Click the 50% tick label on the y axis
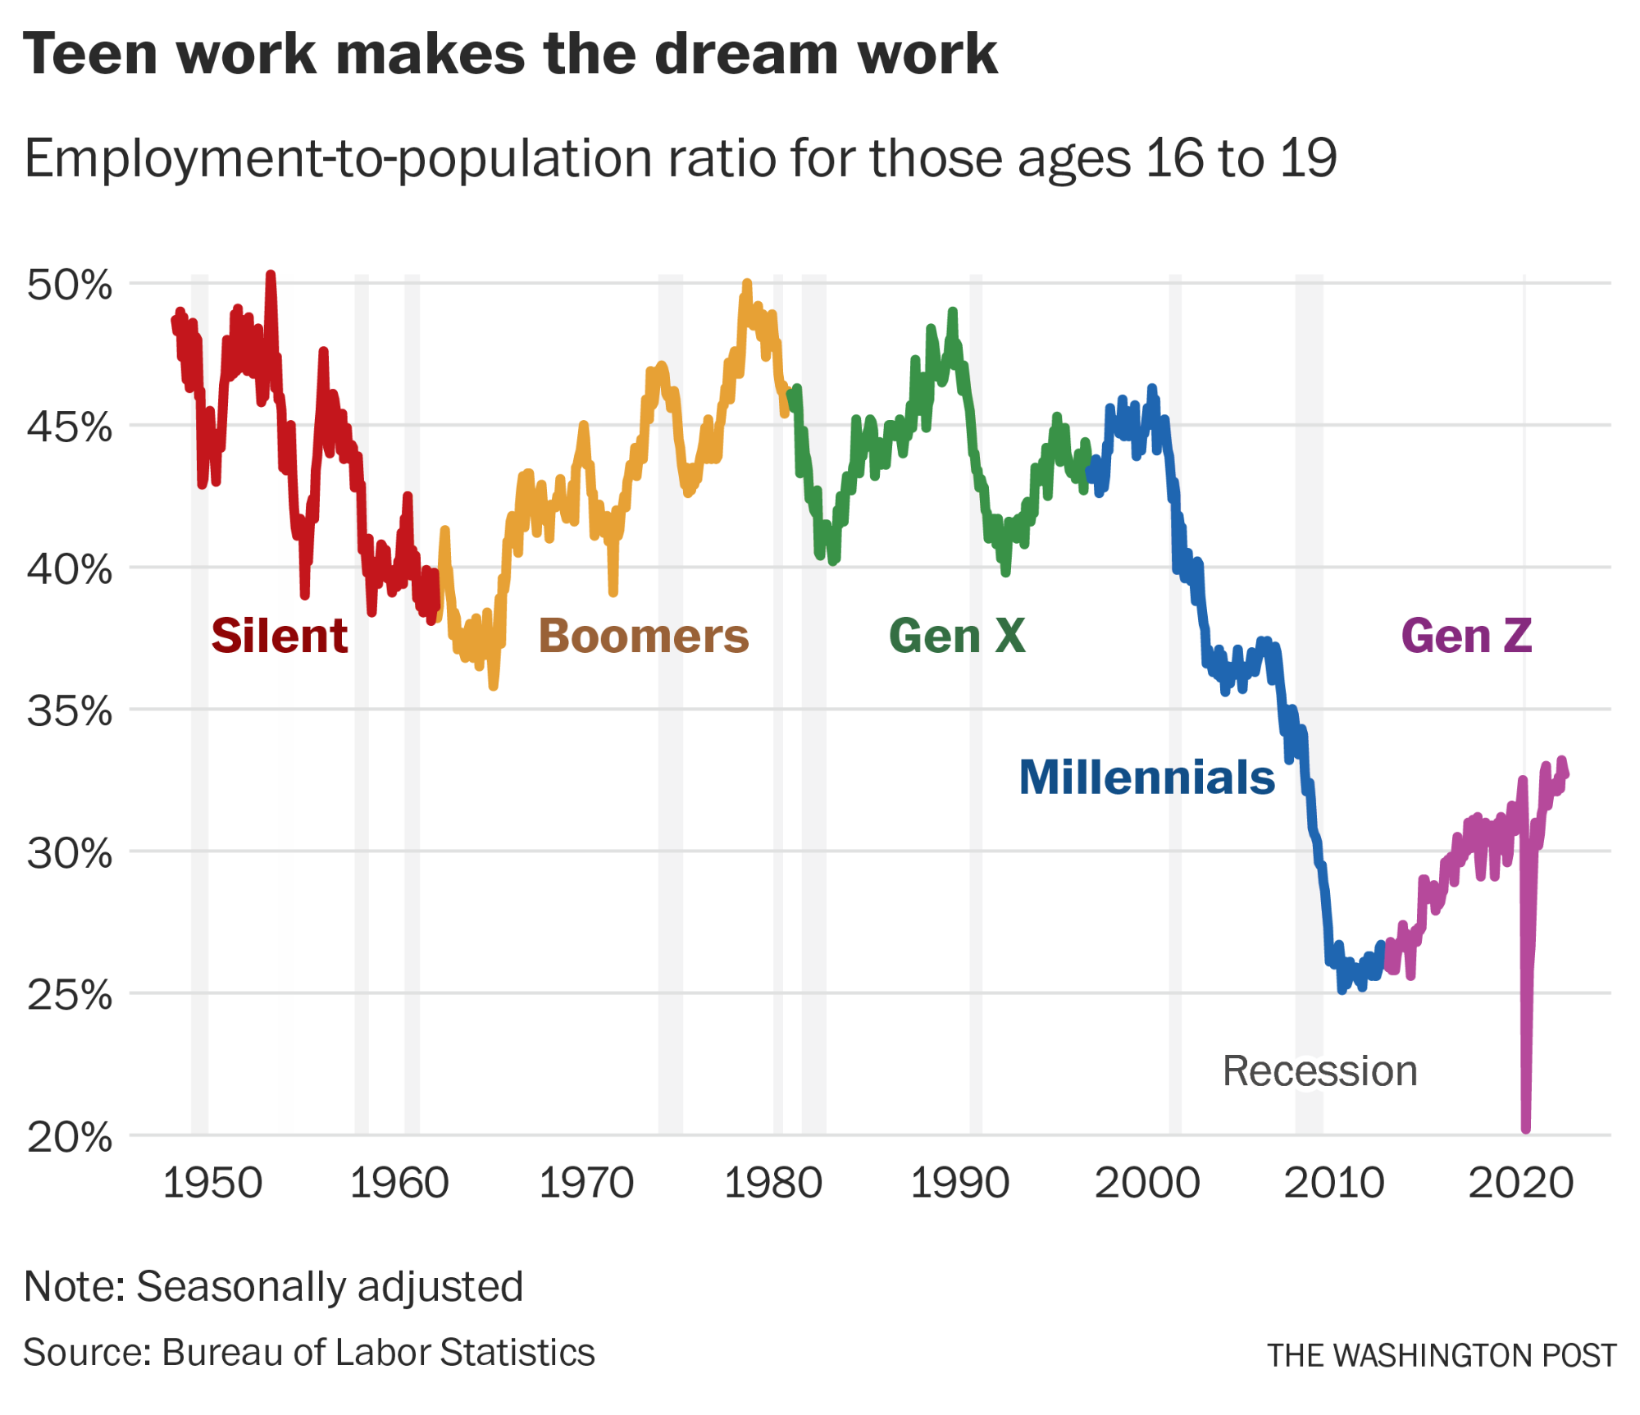coord(69,285)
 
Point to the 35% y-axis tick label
coord(69,711)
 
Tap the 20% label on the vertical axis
coord(69,1137)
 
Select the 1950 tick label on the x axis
coord(212,1183)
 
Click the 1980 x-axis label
coord(772,1183)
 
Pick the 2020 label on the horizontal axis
coord(1520,1183)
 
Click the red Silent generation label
coord(279,636)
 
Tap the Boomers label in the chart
coord(644,636)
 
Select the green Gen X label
coord(957,636)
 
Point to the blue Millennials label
coord(1146,777)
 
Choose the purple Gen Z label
coord(1466,636)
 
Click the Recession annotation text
coord(1319,1070)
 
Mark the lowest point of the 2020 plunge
coord(1526,1129)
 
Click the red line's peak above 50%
coord(271,276)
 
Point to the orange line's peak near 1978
coord(746,284)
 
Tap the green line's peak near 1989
coord(952,312)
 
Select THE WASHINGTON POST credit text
coord(1442,1356)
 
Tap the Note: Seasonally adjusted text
coord(274,1286)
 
